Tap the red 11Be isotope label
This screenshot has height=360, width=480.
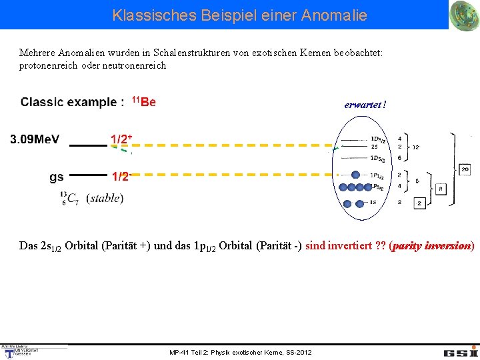(x=144, y=102)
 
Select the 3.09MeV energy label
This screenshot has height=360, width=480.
(x=35, y=139)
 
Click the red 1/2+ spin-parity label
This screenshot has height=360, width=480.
(x=121, y=139)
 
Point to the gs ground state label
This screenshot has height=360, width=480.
(x=57, y=177)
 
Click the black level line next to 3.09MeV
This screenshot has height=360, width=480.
(x=87, y=145)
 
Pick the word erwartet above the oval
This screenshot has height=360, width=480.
(x=363, y=105)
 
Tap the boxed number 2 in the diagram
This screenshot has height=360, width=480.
(x=420, y=203)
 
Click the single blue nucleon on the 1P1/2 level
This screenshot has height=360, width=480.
(x=357, y=175)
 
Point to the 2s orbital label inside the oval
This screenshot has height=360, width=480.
(x=374, y=147)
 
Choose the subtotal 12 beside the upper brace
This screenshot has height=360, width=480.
(x=416, y=147)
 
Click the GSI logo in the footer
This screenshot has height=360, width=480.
(x=461, y=351)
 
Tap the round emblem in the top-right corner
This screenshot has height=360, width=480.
(x=464, y=15)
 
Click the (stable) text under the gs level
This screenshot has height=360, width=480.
(x=105, y=198)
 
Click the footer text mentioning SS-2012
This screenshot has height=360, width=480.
(x=240, y=352)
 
